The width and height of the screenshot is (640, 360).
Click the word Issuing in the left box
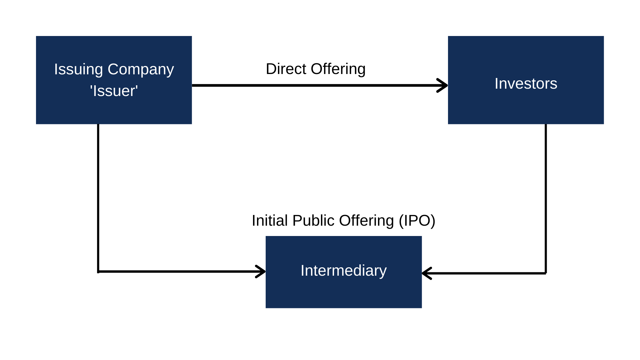[x=78, y=70]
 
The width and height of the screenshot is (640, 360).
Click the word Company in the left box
[x=141, y=70]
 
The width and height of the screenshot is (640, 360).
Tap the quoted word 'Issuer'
[x=114, y=91]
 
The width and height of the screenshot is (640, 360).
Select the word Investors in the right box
[x=526, y=84]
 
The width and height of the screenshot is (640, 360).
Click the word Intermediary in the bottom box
[x=343, y=271]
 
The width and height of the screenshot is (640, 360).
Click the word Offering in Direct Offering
[x=338, y=69]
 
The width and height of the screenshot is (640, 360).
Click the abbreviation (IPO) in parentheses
[x=417, y=221]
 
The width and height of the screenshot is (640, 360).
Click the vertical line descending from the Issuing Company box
[x=98, y=197]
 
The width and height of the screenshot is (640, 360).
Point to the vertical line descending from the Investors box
[x=546, y=197]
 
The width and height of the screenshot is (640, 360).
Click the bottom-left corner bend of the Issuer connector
[x=98, y=271]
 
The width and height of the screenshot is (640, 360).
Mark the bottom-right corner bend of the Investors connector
[x=545, y=273]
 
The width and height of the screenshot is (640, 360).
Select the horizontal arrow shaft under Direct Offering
[x=313, y=85]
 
